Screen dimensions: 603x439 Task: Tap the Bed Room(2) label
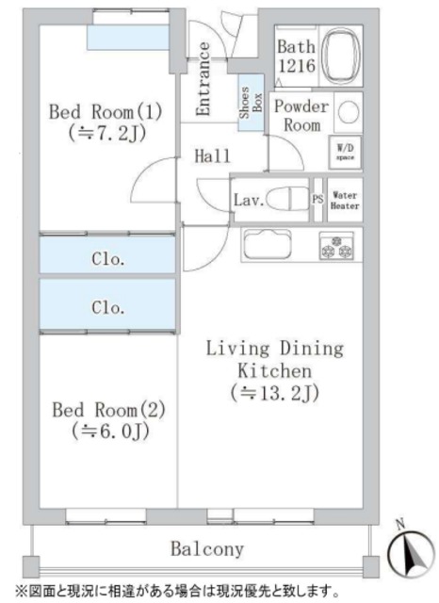point(108,420)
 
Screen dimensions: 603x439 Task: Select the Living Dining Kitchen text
point(275,359)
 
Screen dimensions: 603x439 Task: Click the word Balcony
point(207,548)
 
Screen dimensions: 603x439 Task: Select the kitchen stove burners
point(337,246)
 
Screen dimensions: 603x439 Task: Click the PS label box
point(318,199)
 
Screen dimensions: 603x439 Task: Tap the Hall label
point(213,156)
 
